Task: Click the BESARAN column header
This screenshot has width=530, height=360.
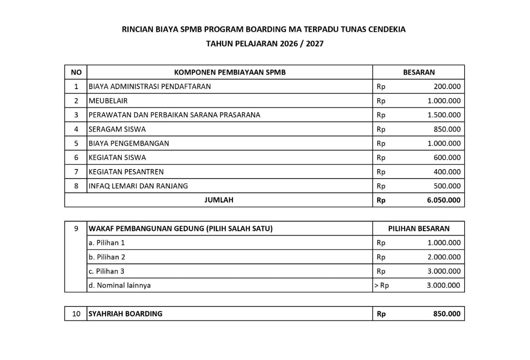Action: (419, 72)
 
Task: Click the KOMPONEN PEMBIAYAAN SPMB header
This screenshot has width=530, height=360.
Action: (230, 72)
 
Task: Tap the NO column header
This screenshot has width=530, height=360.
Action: (76, 72)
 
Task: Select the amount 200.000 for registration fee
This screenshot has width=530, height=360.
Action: (447, 87)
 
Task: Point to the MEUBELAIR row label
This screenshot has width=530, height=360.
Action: (108, 101)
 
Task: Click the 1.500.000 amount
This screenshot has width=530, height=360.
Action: (444, 115)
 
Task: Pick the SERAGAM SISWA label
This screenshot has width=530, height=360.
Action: (117, 129)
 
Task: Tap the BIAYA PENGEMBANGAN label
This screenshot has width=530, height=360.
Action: (129, 143)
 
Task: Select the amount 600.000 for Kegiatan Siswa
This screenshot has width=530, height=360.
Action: (447, 157)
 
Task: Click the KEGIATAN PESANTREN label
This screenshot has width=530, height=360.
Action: (126, 172)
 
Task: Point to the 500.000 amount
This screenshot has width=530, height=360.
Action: (447, 186)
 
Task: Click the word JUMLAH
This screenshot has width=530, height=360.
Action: (219, 200)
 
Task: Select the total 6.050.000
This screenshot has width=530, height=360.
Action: (443, 200)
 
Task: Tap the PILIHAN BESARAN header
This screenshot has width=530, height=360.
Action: (419, 228)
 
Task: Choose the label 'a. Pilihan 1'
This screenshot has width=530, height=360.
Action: (107, 243)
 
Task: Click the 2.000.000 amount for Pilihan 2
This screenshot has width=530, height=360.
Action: (444, 257)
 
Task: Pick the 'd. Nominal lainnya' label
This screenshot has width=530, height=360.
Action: (120, 285)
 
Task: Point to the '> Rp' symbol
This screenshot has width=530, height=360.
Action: (381, 285)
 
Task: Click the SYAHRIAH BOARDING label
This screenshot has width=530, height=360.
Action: (125, 314)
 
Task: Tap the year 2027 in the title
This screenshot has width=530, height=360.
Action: (315, 43)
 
